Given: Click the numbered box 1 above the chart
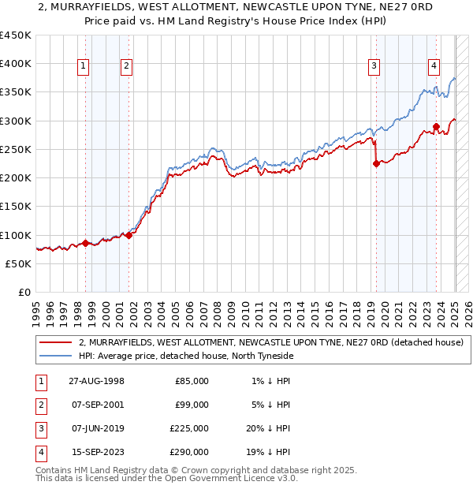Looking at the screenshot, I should coord(84,67).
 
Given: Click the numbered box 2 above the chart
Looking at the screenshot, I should coord(126,67).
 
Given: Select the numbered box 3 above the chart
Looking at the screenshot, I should coord(374,67).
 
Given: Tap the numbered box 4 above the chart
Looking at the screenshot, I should coord(434,67).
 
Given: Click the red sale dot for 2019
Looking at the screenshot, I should coord(376,163).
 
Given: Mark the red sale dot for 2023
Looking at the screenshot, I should coord(436,126).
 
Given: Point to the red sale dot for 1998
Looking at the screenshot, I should coord(86,243).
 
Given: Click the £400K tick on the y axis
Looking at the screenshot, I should coord(16,64).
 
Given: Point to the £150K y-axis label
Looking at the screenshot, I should coord(16,207).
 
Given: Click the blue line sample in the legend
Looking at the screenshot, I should coord(56,356).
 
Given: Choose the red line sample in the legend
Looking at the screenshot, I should coord(56,343).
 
